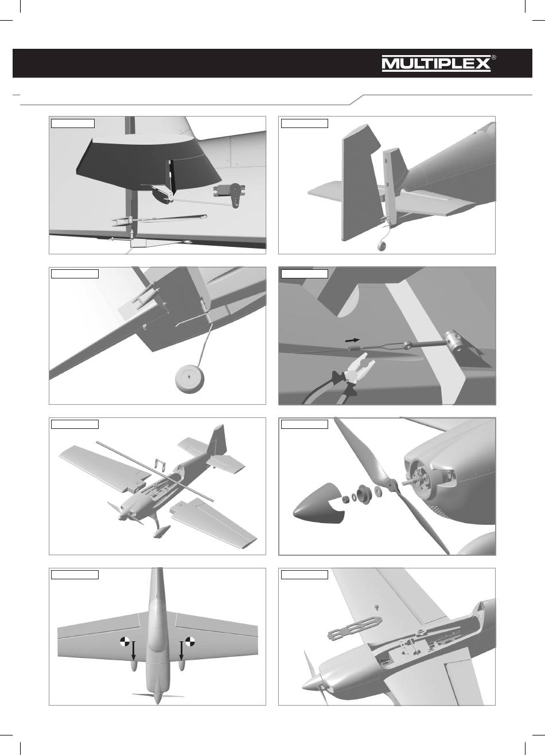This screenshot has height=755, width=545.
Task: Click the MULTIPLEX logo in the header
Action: pos(436,64)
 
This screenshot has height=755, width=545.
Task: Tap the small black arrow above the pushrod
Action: pos(352,340)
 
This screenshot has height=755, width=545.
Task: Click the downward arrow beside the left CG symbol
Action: pos(134,651)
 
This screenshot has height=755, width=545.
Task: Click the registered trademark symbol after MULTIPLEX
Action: pos(494,57)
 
